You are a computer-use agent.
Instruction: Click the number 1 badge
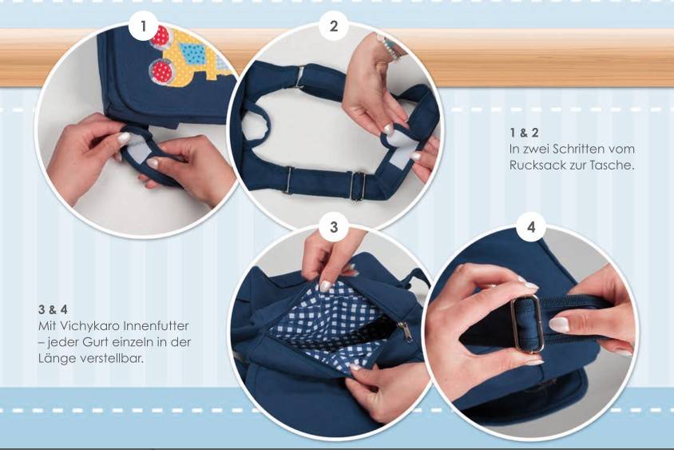tap(144, 26)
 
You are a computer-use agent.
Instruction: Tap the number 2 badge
tap(333, 26)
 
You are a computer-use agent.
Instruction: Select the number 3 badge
tap(333, 227)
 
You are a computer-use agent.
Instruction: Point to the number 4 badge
tap(532, 227)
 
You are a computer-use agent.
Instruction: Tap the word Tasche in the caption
tap(616, 165)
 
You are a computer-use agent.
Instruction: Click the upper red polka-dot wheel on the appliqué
tap(161, 35)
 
